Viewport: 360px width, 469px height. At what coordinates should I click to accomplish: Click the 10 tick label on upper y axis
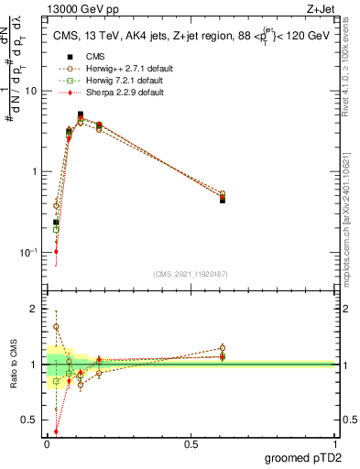33,91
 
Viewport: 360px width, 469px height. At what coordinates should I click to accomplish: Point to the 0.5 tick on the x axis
191,442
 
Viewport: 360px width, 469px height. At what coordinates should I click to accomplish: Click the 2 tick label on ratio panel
37,309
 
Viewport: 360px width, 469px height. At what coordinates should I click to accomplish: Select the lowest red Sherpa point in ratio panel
56,431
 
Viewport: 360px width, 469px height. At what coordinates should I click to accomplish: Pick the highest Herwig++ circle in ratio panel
56,326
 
